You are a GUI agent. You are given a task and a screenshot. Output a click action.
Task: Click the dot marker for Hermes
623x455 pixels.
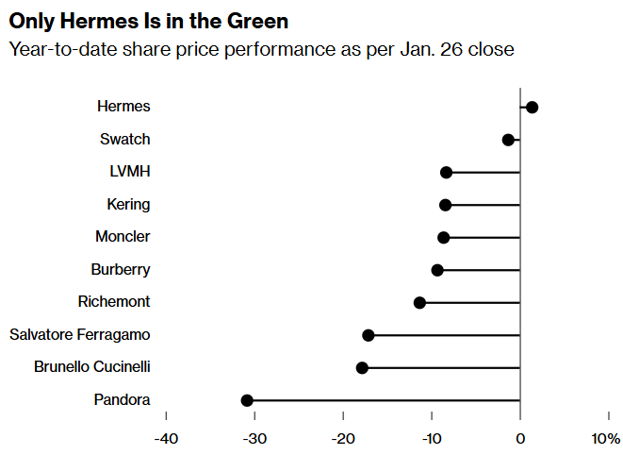(x=532, y=107)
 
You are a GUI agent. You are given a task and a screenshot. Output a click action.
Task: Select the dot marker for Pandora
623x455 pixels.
(x=247, y=400)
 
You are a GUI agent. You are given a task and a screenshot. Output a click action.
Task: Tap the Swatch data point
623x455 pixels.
(x=508, y=140)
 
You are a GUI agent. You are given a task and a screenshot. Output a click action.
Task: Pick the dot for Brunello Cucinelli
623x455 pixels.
(x=362, y=367)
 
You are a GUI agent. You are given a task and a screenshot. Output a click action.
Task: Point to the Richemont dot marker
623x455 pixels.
(x=419, y=302)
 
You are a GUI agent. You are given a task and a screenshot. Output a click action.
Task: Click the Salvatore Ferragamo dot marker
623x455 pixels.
(x=368, y=335)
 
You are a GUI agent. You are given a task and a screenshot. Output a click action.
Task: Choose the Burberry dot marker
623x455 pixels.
(x=437, y=270)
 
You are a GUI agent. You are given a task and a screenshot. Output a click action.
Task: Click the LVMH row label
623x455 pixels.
(x=130, y=172)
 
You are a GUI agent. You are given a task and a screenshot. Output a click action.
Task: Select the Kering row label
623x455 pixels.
(x=129, y=204)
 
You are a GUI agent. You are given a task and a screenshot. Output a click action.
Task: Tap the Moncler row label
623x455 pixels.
(x=123, y=237)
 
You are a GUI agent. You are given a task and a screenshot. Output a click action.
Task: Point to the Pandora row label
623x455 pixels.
(x=122, y=400)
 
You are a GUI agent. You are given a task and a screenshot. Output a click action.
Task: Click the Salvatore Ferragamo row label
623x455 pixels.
(x=79, y=335)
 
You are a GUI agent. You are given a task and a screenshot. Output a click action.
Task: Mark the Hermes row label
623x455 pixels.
(x=123, y=107)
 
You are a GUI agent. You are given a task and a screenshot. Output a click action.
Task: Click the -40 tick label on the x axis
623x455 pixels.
(x=166, y=439)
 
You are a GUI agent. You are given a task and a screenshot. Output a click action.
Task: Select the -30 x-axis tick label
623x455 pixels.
(x=254, y=439)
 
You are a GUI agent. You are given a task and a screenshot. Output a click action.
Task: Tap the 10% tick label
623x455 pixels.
(x=606, y=439)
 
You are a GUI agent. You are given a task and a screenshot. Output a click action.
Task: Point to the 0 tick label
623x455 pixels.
(x=519, y=439)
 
